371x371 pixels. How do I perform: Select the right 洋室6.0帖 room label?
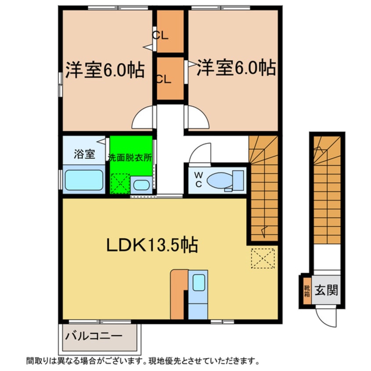click(235, 68)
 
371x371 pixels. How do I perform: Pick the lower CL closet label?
click(164, 79)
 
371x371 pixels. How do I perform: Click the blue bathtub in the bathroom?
click(84, 180)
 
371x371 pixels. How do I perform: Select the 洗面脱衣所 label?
click(130, 157)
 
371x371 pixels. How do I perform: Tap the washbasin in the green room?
click(141, 185)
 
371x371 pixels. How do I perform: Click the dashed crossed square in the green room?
click(120, 183)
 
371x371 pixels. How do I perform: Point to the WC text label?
click(198, 180)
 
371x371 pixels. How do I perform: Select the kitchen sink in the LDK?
click(198, 282)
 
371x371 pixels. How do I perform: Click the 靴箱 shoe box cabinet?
click(307, 291)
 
